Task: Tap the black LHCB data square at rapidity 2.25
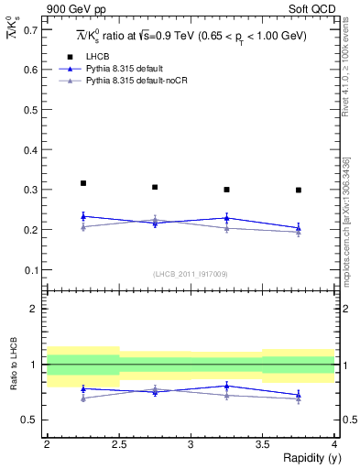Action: click(83, 183)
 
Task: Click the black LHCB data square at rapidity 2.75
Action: click(155, 187)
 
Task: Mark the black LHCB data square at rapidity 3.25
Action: click(227, 190)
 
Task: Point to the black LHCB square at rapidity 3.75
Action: click(299, 190)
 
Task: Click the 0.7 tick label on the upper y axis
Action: click(32, 29)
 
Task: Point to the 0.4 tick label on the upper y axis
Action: click(32, 149)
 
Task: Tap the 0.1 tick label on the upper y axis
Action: click(32, 270)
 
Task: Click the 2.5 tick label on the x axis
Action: click(119, 444)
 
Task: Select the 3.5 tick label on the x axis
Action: click(263, 444)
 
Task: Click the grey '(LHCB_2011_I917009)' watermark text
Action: click(191, 274)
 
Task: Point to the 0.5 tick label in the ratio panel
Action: click(32, 420)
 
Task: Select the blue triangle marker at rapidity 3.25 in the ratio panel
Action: click(227, 386)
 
